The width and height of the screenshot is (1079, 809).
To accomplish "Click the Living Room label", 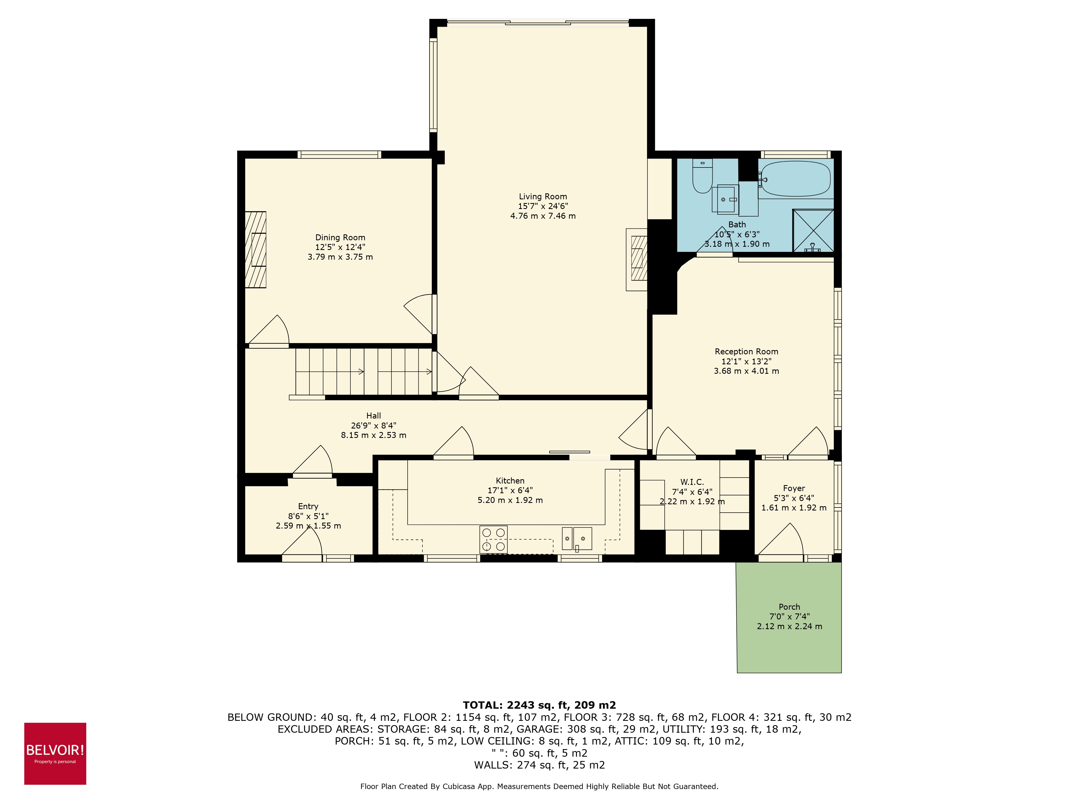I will click(542, 197).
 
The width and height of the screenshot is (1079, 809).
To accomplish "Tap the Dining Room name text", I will click(340, 238).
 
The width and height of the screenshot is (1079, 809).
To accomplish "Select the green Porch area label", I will click(789, 607).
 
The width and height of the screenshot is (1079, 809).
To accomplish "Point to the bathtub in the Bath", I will click(795, 179).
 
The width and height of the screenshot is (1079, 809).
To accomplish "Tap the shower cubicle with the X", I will click(813, 230).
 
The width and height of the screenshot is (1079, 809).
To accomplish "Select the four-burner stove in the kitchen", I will click(493, 539).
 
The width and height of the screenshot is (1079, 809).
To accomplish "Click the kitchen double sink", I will click(576, 538).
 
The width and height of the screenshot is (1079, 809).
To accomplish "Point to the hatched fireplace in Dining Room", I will click(255, 250).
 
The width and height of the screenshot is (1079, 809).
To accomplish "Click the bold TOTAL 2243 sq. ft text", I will click(539, 705).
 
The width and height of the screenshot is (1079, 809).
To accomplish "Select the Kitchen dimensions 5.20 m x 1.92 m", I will click(510, 500).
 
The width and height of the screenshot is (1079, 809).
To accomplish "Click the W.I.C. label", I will click(692, 482).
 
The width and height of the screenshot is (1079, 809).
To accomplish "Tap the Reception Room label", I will click(746, 352).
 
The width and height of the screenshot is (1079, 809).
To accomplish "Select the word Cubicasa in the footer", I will click(459, 786).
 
